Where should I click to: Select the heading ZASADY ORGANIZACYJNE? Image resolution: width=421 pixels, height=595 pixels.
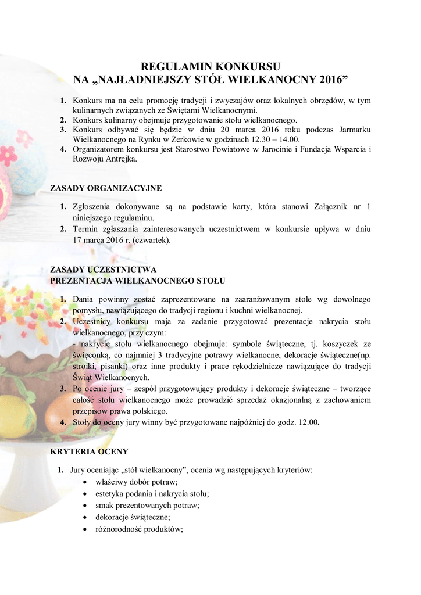(x=106, y=188)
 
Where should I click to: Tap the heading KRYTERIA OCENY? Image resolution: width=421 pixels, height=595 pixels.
(x=89, y=451)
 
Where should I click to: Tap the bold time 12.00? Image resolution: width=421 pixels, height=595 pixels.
(x=309, y=422)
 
